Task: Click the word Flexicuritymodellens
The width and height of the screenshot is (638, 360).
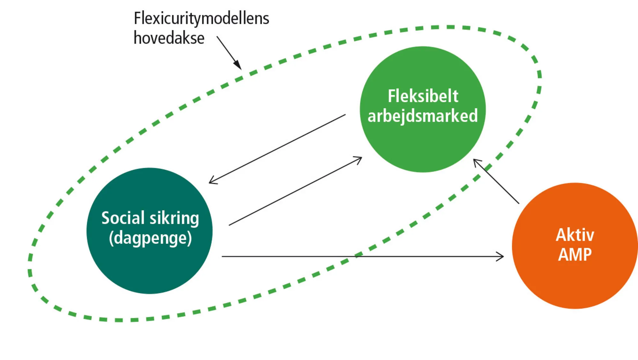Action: point(201,18)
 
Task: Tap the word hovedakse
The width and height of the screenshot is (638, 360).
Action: point(169,38)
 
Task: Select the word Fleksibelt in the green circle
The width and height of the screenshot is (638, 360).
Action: point(423,96)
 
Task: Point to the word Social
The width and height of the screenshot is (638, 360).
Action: point(123,218)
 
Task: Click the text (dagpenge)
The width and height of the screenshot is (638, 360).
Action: point(150,238)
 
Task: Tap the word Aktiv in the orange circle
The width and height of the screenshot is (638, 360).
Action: point(575,235)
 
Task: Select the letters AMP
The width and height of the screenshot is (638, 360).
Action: point(575,255)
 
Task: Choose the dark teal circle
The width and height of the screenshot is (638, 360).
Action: point(149,268)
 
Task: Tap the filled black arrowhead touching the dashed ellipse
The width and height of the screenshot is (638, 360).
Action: point(238,65)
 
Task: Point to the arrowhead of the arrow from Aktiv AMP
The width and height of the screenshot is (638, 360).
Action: point(476,162)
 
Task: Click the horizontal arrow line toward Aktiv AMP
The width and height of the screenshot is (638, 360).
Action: point(351,256)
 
